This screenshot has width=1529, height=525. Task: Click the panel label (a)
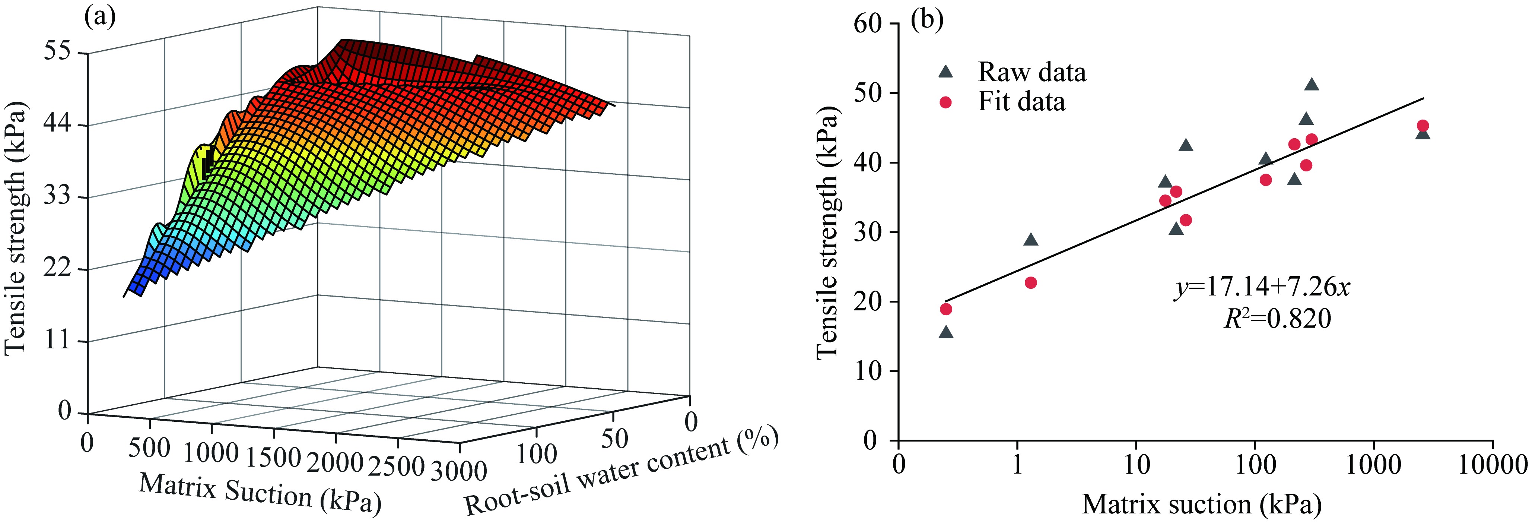click(x=100, y=18)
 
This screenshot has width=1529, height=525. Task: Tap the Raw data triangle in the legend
click(x=945, y=72)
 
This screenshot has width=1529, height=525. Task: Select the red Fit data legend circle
click(x=945, y=102)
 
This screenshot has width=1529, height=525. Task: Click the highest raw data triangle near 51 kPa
click(x=1312, y=84)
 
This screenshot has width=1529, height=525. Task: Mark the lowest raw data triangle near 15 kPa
click(x=946, y=332)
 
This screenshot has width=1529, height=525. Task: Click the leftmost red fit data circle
click(x=946, y=309)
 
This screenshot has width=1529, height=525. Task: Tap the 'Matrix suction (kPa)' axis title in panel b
click(x=1202, y=504)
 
